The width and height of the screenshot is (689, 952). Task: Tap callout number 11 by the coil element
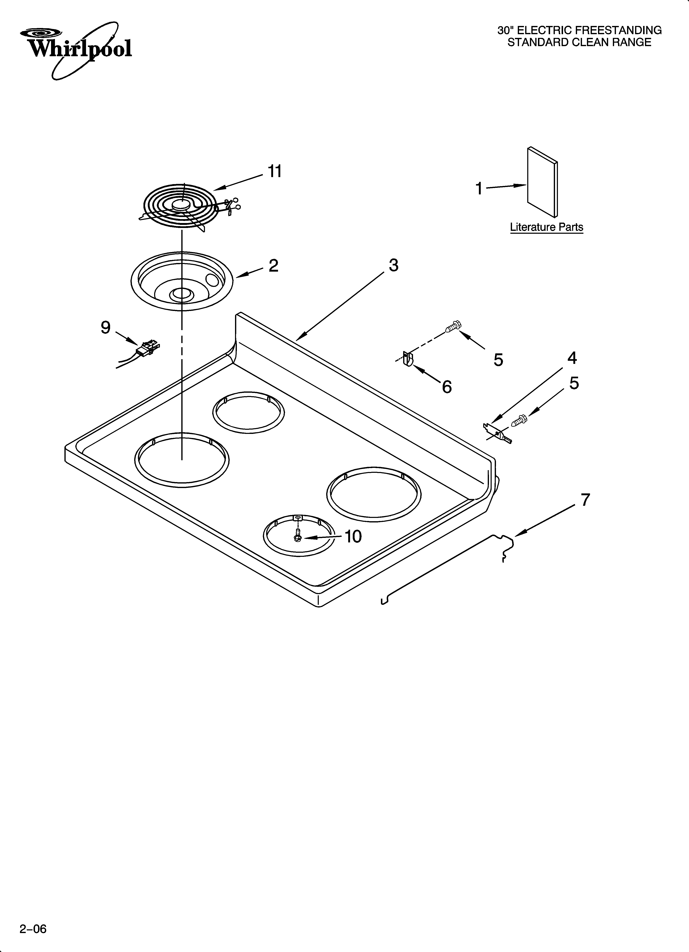click(x=275, y=172)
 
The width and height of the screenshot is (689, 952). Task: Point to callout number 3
click(x=393, y=265)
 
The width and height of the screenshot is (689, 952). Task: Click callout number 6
click(x=447, y=387)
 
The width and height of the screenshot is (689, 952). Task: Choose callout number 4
click(x=572, y=358)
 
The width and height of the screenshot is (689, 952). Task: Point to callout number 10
click(x=353, y=536)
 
